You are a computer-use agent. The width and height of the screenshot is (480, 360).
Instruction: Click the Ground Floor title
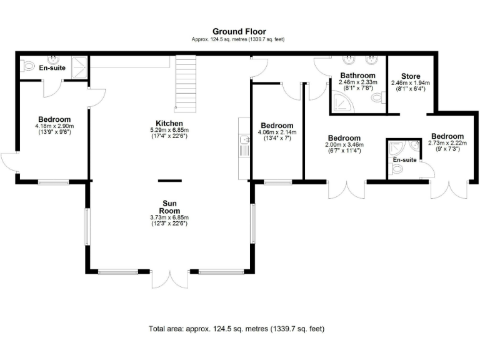point(239,31)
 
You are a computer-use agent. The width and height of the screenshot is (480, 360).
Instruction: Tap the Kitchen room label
point(169,123)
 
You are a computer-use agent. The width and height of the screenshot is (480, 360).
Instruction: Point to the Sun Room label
point(169,207)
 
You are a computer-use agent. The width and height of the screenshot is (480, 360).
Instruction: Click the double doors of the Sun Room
point(169,280)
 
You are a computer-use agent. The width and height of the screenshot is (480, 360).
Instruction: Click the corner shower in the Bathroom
point(341,104)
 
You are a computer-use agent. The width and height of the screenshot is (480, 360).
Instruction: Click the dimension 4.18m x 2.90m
point(54,126)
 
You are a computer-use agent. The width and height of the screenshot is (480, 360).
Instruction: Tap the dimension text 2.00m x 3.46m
point(344,145)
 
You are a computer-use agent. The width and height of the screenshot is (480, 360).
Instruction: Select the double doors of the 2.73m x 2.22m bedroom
point(449,189)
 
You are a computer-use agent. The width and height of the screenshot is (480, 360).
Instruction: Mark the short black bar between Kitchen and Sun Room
point(169,180)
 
